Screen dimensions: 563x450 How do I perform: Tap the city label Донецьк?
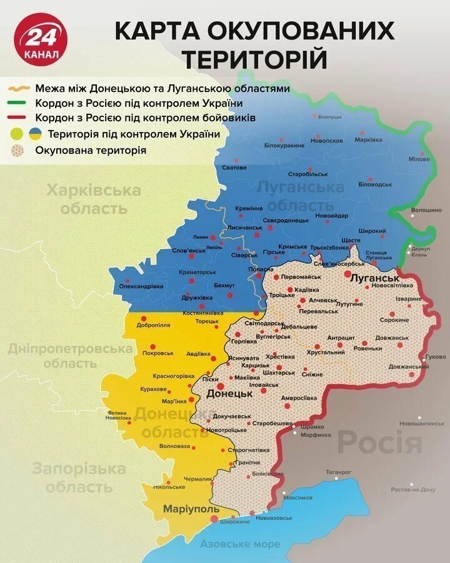(229, 395)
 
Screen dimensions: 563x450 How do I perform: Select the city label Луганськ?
(374, 276)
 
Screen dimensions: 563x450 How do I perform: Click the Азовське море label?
(241, 544)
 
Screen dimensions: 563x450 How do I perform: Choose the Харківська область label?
(94, 199)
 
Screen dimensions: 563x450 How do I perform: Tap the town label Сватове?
(234, 168)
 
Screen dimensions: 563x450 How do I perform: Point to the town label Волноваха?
(175, 447)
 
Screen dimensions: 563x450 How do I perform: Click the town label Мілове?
(419, 159)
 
